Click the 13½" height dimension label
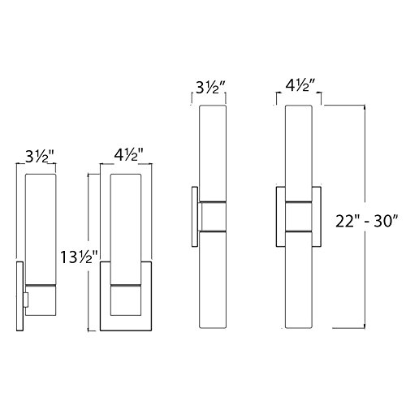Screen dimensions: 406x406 (x=79, y=257)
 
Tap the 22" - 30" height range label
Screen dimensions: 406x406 (x=366, y=222)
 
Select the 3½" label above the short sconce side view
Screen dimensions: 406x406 (x=40, y=157)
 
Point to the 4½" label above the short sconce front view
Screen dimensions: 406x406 (x=128, y=155)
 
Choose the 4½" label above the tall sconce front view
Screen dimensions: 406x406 (x=301, y=85)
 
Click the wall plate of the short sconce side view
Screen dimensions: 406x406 (x=19, y=296)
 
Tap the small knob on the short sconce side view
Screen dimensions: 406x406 (x=26, y=300)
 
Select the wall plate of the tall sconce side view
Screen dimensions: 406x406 (x=195, y=217)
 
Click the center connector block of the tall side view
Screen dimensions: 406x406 (x=213, y=217)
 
